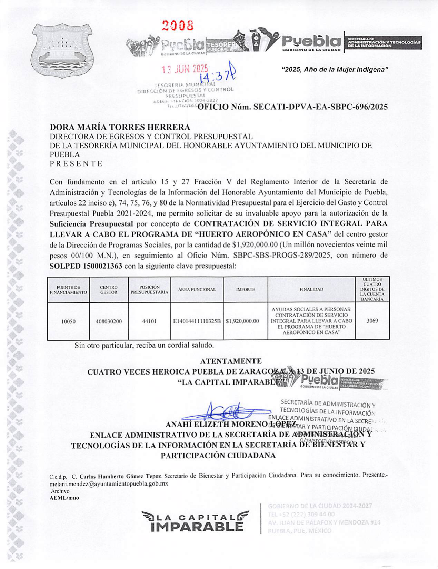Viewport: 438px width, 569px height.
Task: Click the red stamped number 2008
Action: (178, 25)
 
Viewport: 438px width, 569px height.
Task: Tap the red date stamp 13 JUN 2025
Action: (185, 69)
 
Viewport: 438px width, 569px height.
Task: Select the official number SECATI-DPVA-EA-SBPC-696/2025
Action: (293, 107)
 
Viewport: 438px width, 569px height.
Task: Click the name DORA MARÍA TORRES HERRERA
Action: (120, 128)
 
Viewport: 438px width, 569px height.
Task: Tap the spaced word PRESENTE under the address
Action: (76, 163)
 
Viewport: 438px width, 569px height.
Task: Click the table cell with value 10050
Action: (68, 321)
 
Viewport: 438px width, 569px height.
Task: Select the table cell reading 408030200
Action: (109, 321)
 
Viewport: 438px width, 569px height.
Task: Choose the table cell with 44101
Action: (149, 321)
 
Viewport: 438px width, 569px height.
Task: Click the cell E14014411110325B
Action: (197, 321)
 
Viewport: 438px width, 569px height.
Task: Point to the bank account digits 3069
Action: (372, 321)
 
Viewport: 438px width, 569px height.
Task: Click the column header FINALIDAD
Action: (311, 289)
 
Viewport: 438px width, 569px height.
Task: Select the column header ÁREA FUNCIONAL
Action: (197, 290)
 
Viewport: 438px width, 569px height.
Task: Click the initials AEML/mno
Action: (64, 498)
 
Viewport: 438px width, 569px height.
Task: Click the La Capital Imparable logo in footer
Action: (195, 521)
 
